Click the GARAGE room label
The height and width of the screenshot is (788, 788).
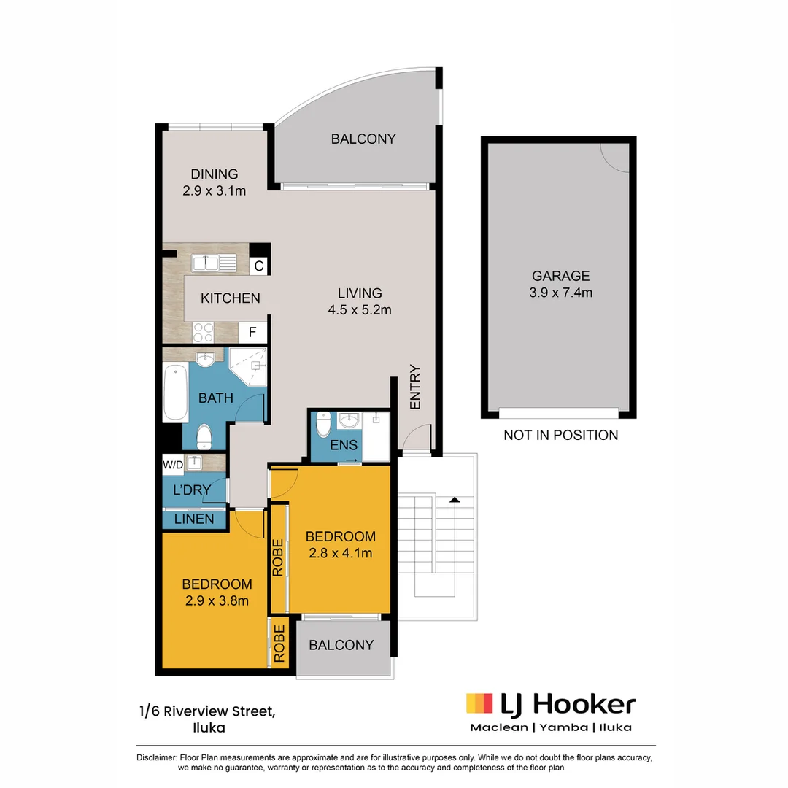(560, 276)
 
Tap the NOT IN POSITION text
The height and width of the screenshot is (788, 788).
(560, 435)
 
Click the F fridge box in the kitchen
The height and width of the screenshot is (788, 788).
(252, 333)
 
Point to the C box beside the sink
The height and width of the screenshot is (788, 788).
(258, 266)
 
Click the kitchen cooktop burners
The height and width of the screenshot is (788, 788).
(202, 332)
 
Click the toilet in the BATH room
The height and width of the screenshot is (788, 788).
(205, 436)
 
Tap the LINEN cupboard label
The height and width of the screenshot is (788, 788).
(194, 519)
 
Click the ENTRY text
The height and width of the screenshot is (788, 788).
(416, 387)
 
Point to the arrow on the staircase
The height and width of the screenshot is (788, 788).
(455, 500)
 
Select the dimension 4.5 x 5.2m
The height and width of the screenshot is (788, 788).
(360, 309)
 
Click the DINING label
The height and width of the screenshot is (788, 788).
(215, 174)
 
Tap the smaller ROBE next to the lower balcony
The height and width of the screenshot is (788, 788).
(279, 644)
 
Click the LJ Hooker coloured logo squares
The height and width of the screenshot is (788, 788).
(479, 703)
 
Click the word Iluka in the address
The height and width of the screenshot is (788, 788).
(209, 727)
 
